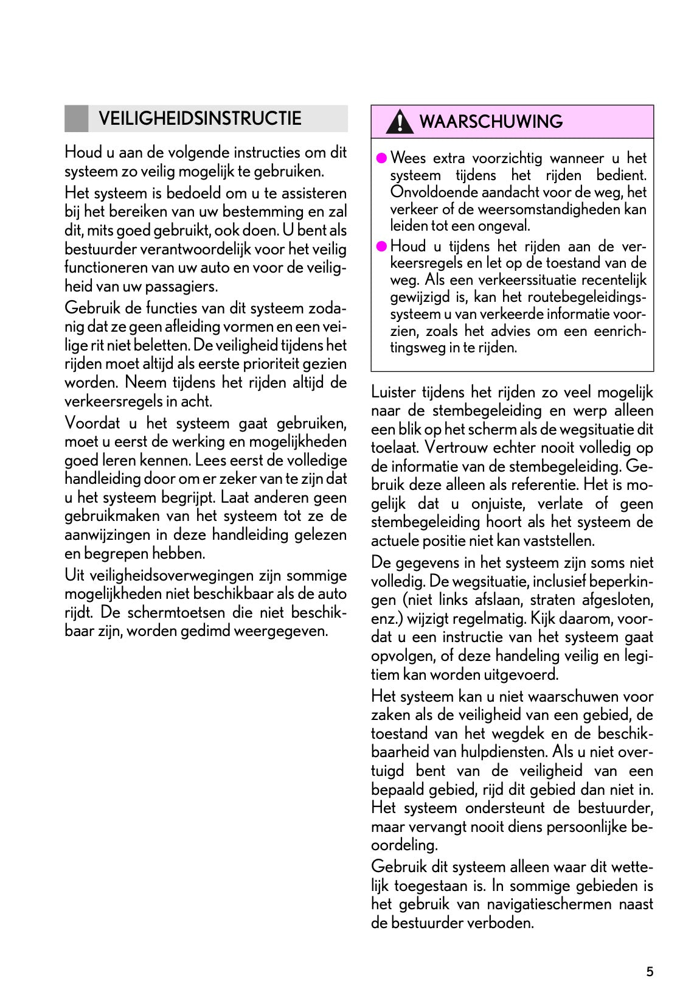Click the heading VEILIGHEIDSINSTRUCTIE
coord(200,118)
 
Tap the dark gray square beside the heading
coord(76,119)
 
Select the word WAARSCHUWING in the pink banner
coord(491,122)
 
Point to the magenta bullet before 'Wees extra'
coord(381,158)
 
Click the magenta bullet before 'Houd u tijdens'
coord(381,246)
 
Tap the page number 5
coord(650,971)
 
